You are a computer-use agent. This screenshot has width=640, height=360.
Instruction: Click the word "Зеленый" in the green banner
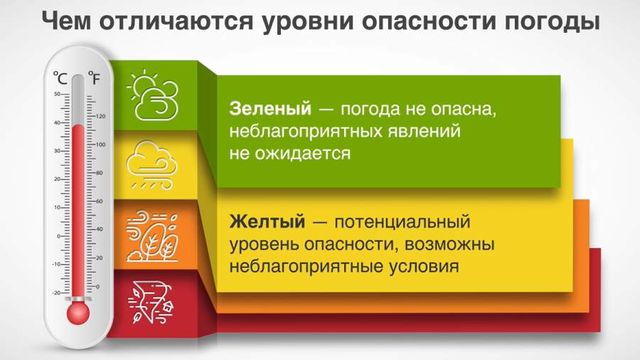(270, 109)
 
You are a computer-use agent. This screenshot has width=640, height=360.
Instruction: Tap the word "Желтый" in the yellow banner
(267, 222)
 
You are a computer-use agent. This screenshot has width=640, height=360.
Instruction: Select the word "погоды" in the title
(553, 21)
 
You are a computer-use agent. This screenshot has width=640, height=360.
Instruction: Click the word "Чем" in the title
(66, 21)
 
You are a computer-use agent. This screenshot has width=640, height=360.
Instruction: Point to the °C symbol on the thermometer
(60, 78)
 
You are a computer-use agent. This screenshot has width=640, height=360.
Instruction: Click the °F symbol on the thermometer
(94, 78)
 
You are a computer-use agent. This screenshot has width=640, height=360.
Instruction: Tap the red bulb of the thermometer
(78, 313)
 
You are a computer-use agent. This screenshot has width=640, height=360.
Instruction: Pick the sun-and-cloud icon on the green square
(153, 95)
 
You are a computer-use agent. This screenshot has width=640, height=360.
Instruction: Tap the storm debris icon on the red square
(151, 302)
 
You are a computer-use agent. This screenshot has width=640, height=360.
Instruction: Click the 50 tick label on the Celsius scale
(57, 95)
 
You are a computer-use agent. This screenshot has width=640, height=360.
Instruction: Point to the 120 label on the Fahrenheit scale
(101, 117)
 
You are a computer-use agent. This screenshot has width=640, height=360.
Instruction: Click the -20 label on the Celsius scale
(56, 293)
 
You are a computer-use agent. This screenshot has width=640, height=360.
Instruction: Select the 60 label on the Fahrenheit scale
(99, 201)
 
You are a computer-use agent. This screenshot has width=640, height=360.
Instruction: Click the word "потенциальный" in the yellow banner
(402, 222)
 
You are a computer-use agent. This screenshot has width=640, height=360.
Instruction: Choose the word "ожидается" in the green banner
(303, 154)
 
